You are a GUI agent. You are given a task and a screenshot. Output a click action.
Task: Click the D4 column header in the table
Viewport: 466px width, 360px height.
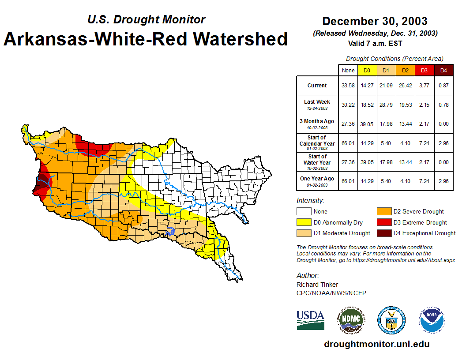(443, 71)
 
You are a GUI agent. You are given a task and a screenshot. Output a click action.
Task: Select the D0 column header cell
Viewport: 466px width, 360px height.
(367, 71)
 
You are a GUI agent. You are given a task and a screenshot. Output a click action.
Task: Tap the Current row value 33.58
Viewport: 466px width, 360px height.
(348, 86)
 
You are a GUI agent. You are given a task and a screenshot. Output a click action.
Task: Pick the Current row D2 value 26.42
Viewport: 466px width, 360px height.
(405, 86)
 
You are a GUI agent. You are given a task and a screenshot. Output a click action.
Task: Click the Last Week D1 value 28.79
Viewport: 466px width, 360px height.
(386, 105)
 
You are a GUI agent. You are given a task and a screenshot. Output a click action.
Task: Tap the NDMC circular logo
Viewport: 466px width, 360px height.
(351, 320)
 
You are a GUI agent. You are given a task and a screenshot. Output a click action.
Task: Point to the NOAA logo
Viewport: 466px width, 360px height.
(432, 320)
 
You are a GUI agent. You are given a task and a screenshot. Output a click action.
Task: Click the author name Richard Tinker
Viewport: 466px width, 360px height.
(317, 285)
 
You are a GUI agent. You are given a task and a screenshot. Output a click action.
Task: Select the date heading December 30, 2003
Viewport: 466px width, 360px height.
(375, 21)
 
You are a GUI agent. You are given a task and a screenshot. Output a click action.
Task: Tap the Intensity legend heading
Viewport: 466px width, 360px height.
(310, 201)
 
